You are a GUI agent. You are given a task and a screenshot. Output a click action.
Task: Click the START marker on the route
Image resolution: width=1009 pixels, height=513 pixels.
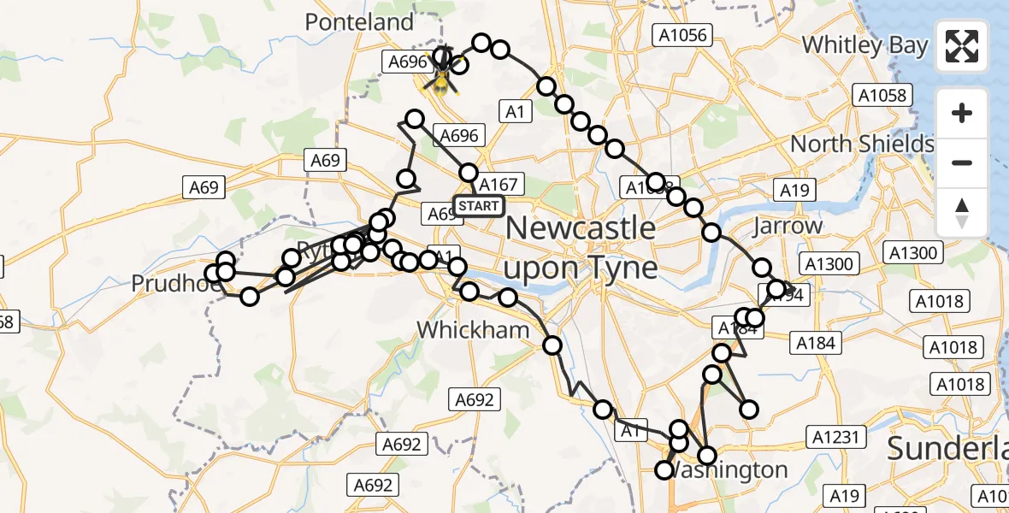(x=478, y=206)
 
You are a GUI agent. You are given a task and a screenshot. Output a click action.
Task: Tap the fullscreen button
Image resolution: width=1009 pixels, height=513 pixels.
(x=962, y=46)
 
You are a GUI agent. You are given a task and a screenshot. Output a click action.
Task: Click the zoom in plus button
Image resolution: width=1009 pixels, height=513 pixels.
(x=962, y=113)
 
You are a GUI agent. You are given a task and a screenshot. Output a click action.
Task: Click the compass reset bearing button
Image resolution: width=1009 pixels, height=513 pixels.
(x=962, y=213)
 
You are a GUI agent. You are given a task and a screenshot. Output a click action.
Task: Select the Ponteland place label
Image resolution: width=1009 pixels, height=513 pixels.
(x=359, y=22)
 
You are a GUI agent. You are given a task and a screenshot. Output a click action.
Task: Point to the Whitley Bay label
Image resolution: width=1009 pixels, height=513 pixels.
(x=864, y=45)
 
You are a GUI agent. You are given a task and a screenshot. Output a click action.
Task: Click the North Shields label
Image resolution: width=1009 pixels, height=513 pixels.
(x=862, y=144)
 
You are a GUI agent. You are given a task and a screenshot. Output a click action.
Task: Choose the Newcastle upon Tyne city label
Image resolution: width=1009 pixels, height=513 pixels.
(x=581, y=248)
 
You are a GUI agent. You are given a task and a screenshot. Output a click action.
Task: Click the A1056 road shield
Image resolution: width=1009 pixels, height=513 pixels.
(x=681, y=34)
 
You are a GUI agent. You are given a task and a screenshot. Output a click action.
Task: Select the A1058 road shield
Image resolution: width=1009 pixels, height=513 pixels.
(x=881, y=95)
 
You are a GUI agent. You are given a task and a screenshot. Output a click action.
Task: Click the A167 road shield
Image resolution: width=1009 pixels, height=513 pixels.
(x=499, y=185)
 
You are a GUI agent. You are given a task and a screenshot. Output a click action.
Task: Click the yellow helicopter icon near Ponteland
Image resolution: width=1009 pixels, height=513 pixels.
(x=442, y=80)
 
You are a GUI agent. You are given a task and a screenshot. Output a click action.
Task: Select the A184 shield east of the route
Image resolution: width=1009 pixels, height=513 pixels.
(x=815, y=343)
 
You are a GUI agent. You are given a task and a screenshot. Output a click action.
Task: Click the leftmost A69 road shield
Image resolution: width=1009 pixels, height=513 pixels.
(x=204, y=187)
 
